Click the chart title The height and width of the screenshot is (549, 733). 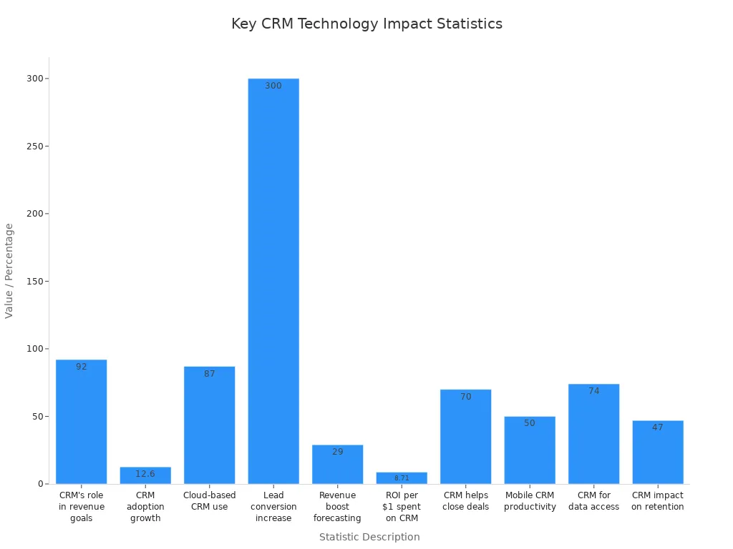[366, 24]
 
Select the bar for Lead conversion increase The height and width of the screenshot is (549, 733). [273, 281]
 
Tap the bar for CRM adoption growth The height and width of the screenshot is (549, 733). [145, 475]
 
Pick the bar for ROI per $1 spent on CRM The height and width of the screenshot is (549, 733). [402, 478]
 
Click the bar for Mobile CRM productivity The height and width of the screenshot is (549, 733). [530, 450]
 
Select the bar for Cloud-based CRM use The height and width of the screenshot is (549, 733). [209, 425]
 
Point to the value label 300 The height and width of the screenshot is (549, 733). [273, 86]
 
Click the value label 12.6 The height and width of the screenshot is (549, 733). [145, 474]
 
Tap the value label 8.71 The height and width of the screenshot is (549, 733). [402, 478]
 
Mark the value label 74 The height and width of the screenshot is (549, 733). [593, 391]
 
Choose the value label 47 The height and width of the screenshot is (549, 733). [658, 427]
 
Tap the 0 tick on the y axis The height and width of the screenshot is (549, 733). [41, 484]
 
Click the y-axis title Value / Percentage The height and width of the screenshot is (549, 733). [9, 271]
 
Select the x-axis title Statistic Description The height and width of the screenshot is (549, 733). [369, 537]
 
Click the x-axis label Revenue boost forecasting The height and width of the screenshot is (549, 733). [337, 507]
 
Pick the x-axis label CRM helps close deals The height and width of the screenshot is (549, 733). [465, 501]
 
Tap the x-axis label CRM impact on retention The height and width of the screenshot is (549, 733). [658, 501]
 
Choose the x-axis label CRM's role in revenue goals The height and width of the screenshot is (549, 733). [82, 507]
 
